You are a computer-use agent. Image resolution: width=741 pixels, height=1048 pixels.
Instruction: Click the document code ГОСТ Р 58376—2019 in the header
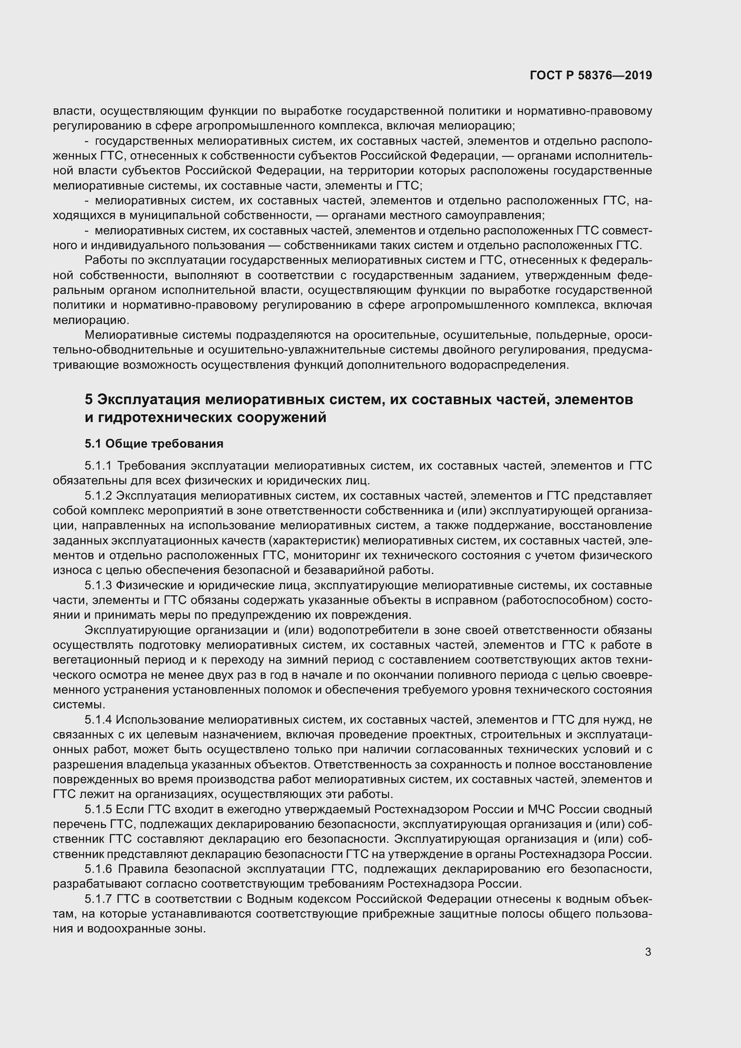tap(591, 75)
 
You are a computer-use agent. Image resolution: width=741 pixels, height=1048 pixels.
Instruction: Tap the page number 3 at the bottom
tap(648, 952)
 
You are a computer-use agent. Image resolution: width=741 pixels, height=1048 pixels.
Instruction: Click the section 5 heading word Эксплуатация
tap(148, 399)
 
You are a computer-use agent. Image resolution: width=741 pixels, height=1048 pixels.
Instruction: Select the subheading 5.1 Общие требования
tap(154, 444)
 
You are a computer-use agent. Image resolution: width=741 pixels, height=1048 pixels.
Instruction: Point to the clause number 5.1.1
tap(98, 466)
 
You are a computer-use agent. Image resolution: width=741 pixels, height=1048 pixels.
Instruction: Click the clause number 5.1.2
tap(98, 496)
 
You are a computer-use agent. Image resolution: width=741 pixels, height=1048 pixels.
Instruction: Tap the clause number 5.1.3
tap(98, 586)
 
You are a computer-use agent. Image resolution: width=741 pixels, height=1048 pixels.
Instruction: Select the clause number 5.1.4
tap(98, 720)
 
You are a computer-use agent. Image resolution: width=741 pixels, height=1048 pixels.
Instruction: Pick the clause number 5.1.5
tap(98, 810)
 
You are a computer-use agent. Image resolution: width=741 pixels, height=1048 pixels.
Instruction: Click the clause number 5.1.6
tap(98, 870)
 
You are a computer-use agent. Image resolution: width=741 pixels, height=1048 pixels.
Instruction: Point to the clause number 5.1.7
tap(98, 900)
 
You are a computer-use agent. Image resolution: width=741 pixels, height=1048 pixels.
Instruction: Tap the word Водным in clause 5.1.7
tap(268, 900)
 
